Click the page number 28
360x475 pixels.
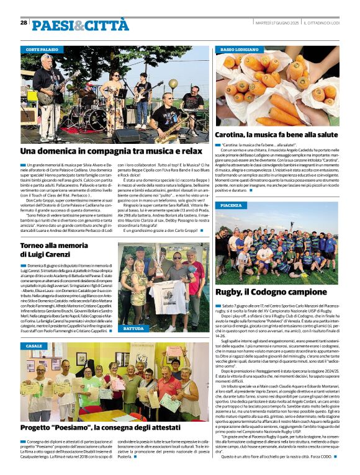24,22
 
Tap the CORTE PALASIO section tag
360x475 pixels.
42,48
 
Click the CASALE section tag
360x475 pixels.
34,346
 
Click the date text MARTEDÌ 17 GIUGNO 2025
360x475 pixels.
277,23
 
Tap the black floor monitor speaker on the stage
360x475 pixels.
126,135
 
